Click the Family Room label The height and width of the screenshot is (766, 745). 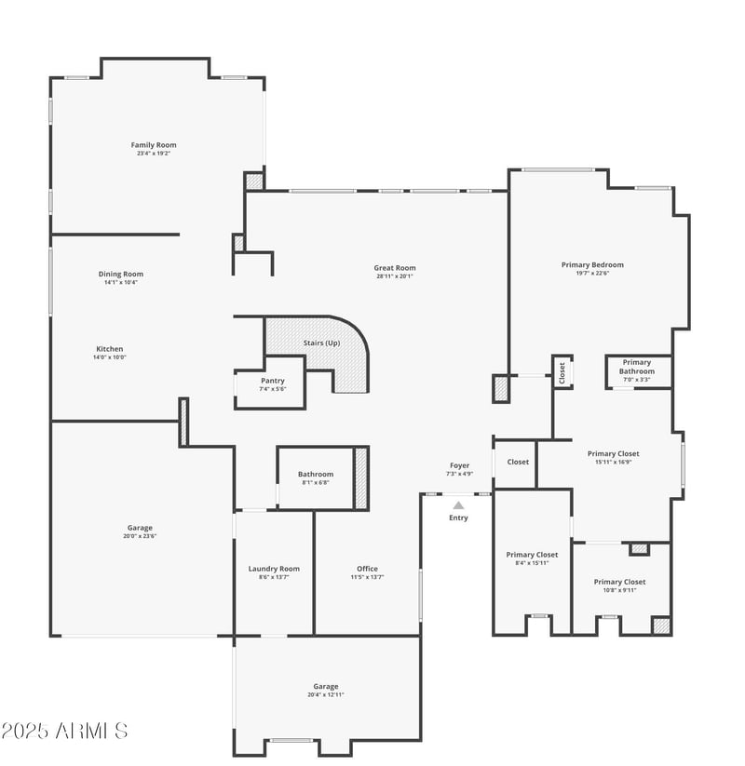(154, 145)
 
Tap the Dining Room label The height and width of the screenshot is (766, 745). (121, 274)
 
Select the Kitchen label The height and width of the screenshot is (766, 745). (109, 349)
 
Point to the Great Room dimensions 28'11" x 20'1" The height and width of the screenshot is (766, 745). (395, 276)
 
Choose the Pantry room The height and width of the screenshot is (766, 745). (273, 383)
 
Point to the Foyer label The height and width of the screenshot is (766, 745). (460, 465)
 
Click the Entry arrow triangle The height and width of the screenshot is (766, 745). (458, 505)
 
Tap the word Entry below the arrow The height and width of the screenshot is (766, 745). (458, 517)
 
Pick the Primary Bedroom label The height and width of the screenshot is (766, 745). (592, 265)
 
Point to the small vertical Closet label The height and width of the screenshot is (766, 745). (562, 372)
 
